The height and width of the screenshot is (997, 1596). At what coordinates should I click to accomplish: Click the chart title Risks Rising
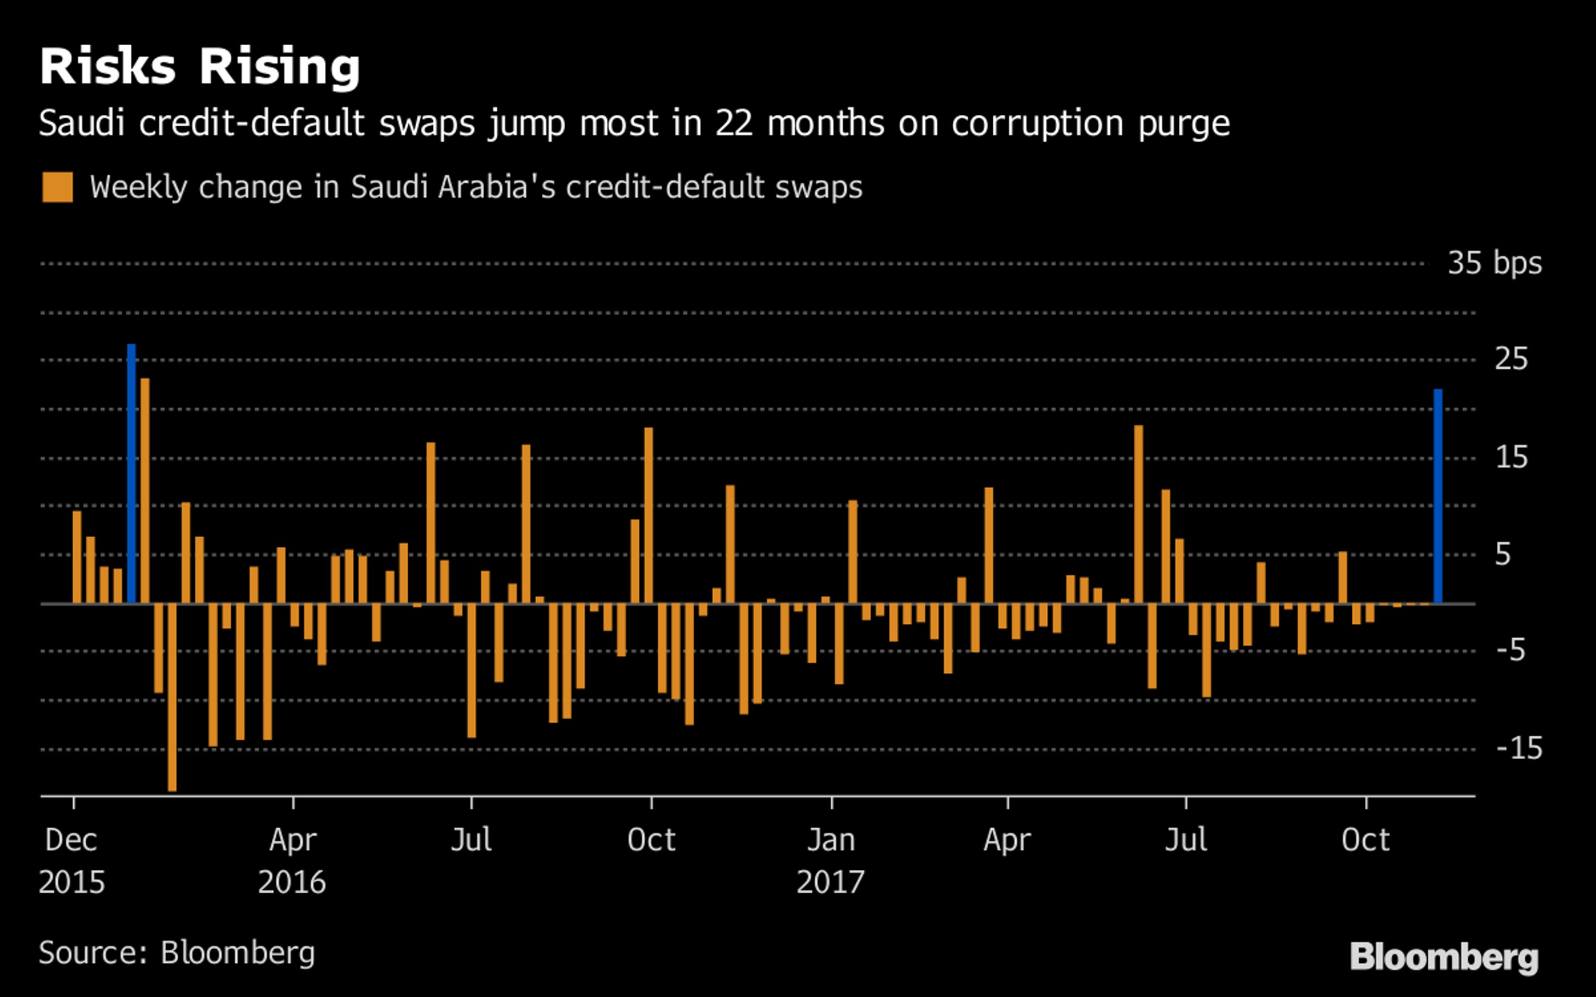coord(200,68)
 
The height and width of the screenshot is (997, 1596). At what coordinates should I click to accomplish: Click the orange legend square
coord(57,187)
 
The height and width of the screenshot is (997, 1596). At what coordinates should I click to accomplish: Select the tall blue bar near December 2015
coord(131,474)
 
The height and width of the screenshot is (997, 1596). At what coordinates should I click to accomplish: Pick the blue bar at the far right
coord(1438,496)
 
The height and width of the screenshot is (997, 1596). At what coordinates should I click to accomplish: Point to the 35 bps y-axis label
coord(1495,263)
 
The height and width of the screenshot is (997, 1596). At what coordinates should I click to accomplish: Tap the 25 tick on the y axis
coord(1511,360)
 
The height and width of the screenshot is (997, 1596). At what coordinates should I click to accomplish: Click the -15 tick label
coord(1519,748)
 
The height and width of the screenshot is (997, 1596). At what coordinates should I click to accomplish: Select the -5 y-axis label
coord(1510,651)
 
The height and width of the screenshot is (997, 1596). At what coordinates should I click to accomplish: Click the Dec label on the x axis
coord(71,840)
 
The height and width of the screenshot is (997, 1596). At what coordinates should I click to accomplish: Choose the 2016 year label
coord(291,882)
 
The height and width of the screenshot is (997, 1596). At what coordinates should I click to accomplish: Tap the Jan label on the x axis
coord(831,840)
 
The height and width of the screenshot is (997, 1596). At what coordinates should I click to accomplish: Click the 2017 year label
coord(830,882)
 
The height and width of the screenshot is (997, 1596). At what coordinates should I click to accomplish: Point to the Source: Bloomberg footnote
coord(177,953)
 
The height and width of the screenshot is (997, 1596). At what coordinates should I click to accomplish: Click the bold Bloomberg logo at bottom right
coord(1444,957)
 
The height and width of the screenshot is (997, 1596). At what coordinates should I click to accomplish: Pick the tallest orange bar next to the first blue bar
coord(145,491)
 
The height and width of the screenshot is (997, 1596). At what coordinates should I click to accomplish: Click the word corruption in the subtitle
coord(1037,123)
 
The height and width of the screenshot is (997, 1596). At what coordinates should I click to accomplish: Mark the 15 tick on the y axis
coord(1511,457)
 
